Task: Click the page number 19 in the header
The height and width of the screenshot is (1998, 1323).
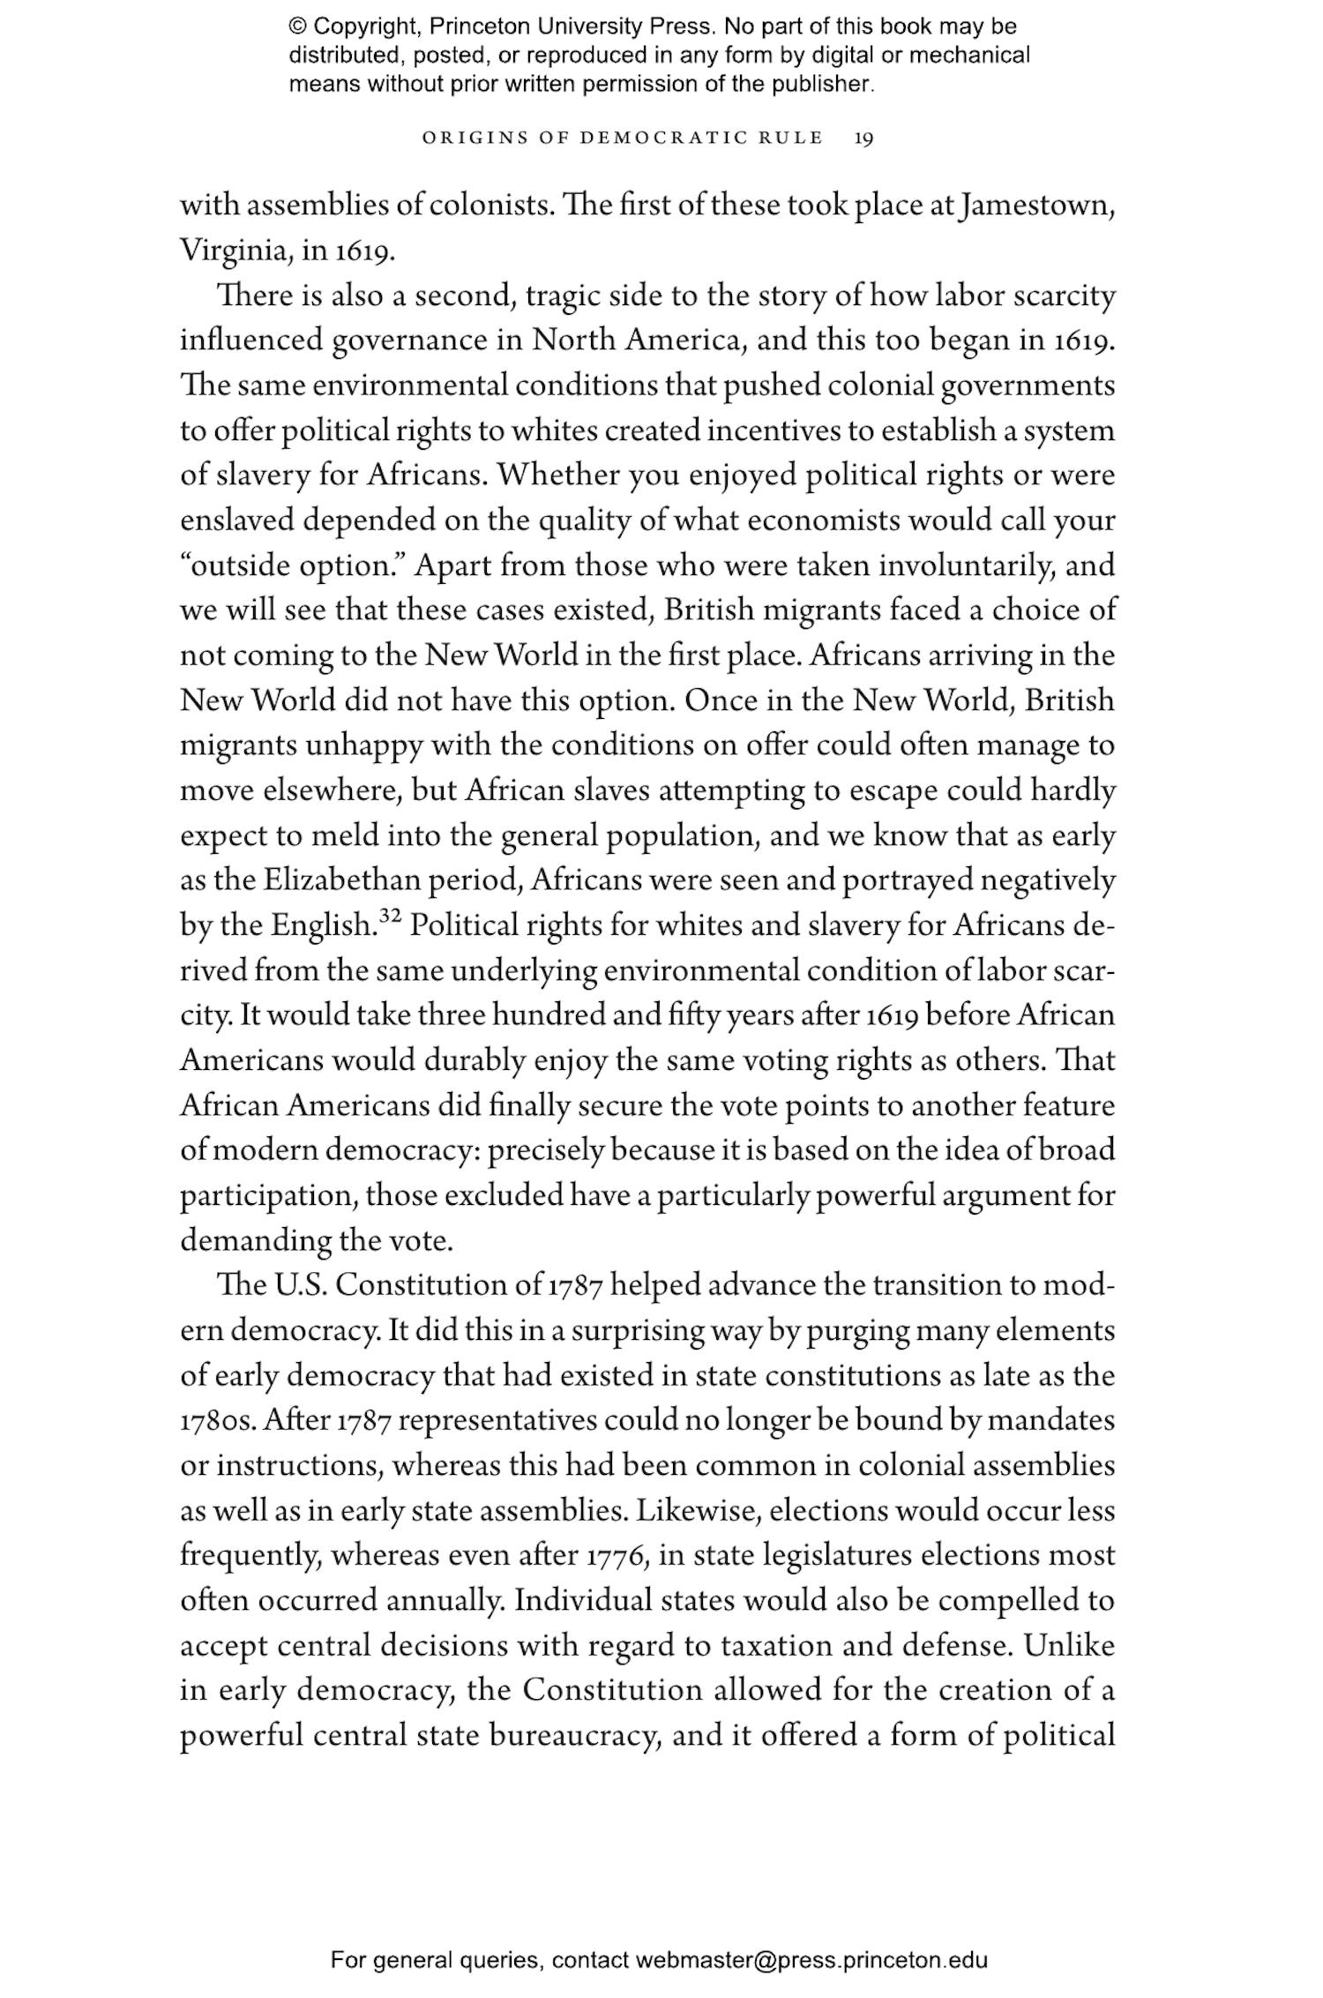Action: point(863,138)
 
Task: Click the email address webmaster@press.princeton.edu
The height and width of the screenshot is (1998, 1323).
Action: point(811,1960)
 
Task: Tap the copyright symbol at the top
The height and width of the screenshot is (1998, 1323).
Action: point(297,26)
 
